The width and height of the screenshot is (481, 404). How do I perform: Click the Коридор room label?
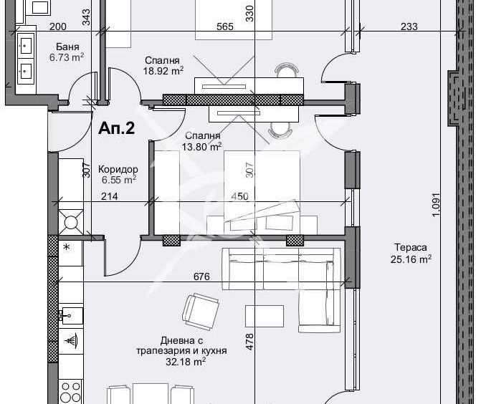(118, 169)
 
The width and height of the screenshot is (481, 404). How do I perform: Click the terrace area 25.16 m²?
(410, 259)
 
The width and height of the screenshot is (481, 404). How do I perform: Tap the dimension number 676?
(201, 276)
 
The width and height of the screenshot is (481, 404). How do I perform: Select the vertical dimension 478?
(250, 342)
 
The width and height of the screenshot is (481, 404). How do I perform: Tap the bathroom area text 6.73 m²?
(67, 58)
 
